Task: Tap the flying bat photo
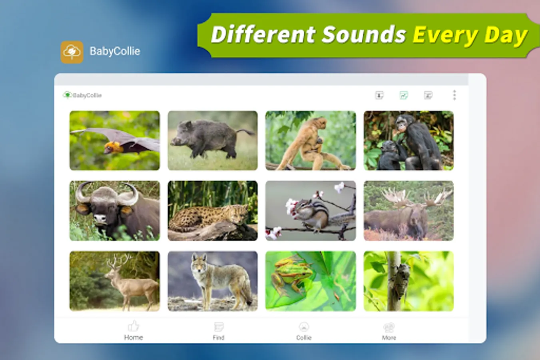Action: (114, 140)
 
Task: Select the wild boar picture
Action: (213, 140)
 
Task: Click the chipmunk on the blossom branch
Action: (311, 211)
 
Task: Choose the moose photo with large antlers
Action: (408, 211)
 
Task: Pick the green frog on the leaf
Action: (311, 281)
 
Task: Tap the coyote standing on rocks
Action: (213, 281)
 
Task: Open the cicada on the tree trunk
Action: (408, 281)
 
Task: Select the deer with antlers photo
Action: (114, 281)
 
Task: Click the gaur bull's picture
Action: (114, 211)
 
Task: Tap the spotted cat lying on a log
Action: (213, 211)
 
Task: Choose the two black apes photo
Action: (408, 140)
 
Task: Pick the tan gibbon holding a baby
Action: (311, 140)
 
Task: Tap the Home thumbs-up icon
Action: (134, 326)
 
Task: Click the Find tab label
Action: (218, 338)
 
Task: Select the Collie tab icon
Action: (304, 327)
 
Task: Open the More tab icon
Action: (389, 327)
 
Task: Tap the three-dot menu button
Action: (454, 95)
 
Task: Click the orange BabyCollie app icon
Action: (72, 52)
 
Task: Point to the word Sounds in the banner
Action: (364, 35)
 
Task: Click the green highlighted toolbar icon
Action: (404, 95)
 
